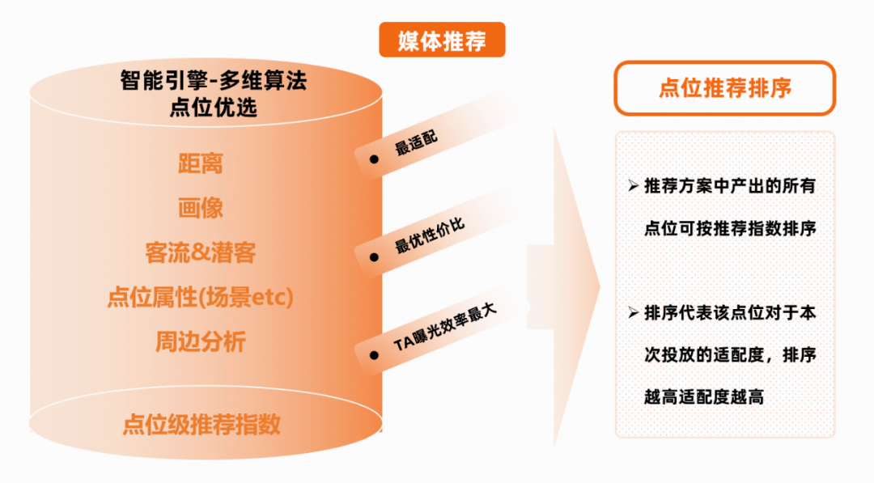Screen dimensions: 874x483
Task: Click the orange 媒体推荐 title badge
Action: (x=442, y=40)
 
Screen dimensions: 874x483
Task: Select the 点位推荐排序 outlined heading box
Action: (x=724, y=88)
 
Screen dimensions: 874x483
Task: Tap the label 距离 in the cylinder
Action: (x=201, y=163)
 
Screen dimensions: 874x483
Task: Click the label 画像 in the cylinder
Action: (x=201, y=208)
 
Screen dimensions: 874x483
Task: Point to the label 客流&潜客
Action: (x=201, y=252)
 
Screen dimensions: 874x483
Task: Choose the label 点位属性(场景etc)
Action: (x=201, y=297)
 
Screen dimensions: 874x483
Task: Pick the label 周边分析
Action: (x=201, y=341)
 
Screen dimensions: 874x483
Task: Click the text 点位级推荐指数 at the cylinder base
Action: (x=202, y=425)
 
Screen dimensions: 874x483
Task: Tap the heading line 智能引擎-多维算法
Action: (x=214, y=80)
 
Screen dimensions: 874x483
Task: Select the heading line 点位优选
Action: (x=214, y=107)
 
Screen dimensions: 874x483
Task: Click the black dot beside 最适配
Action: (x=374, y=159)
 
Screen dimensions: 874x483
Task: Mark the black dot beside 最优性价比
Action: (x=374, y=257)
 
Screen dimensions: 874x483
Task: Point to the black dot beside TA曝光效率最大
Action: (x=374, y=355)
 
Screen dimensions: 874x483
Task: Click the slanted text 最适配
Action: (x=416, y=143)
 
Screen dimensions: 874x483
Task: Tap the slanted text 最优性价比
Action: (x=429, y=236)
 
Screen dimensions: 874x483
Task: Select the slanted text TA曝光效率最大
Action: (x=445, y=328)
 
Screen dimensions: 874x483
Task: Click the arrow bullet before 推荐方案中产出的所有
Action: (x=633, y=185)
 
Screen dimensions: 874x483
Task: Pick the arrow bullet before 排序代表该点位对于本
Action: (x=633, y=312)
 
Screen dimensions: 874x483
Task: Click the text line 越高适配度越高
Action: (x=703, y=396)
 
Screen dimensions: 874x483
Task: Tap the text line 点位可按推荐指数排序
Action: (x=730, y=228)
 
